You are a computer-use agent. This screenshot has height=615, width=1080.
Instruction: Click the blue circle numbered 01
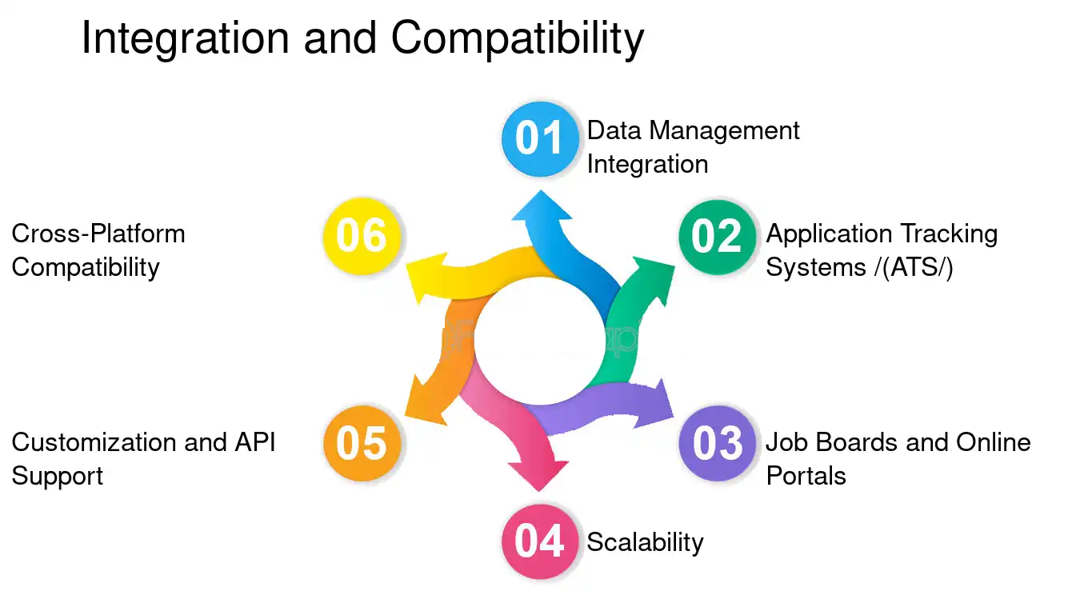tap(540, 139)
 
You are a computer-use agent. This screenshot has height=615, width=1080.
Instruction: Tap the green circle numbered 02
tap(717, 238)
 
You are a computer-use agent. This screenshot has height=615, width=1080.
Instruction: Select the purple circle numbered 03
tap(717, 443)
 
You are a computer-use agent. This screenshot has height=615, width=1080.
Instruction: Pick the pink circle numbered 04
tap(540, 541)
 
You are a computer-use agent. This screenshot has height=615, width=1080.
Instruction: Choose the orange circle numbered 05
tap(362, 443)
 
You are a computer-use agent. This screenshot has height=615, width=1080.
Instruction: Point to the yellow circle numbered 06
tap(362, 236)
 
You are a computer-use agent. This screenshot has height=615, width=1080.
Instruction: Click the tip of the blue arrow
tap(541, 190)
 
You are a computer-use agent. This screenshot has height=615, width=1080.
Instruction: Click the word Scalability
tap(645, 543)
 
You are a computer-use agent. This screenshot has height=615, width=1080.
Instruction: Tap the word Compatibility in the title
tap(518, 38)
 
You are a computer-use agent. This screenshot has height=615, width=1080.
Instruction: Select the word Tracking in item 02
tap(949, 234)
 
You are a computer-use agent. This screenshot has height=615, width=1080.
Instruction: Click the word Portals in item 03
tap(806, 476)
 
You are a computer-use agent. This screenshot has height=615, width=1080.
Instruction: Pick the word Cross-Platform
tap(98, 234)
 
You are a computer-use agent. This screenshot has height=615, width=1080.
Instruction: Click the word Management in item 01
tap(724, 131)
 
